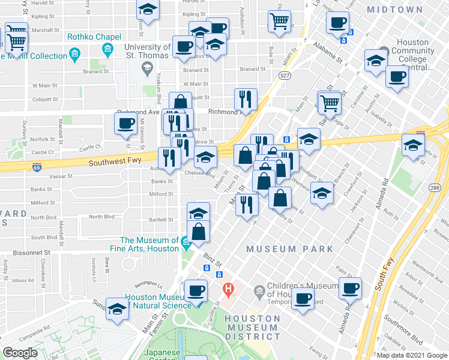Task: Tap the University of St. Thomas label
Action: [x=147, y=52]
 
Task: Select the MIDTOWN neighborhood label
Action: [x=411, y=10]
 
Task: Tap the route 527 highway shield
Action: [x=285, y=75]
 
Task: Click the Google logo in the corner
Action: [x=20, y=353]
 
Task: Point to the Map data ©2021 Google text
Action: [x=412, y=355]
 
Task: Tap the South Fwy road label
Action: [x=386, y=273]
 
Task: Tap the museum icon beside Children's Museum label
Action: [x=259, y=290]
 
